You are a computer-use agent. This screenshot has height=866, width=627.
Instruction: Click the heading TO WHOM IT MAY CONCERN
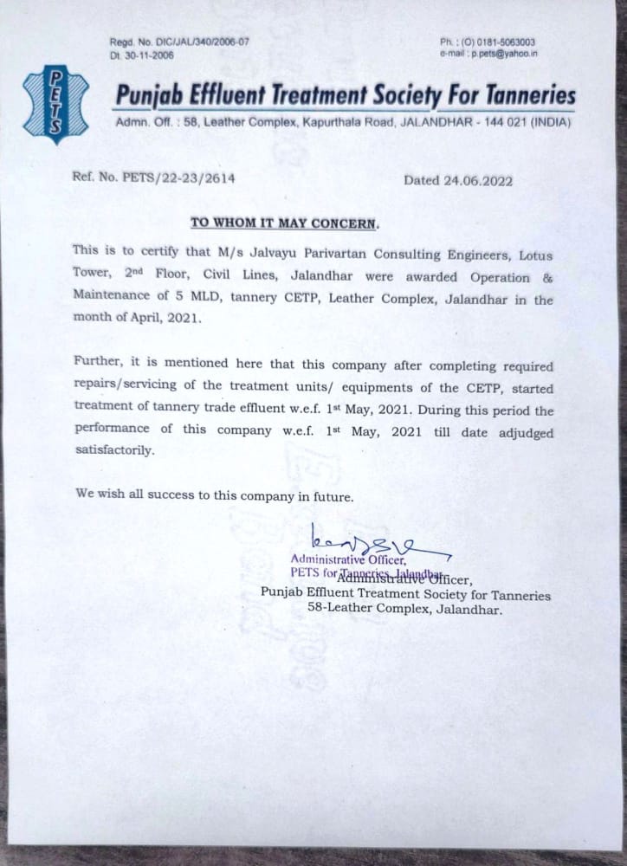pyautogui.click(x=284, y=223)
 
